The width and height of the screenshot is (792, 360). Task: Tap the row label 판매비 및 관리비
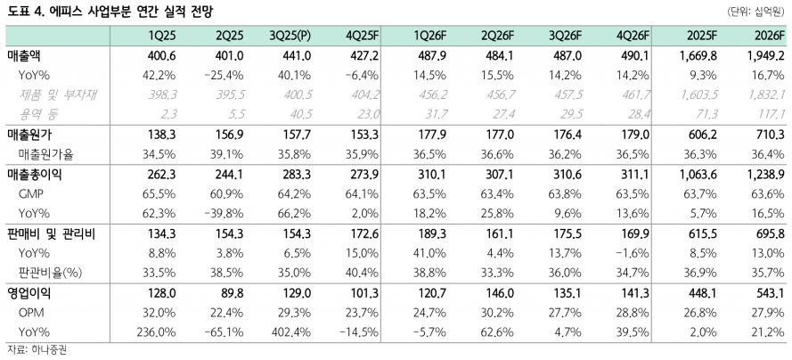(x=51, y=233)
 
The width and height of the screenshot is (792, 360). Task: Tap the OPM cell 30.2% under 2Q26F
(x=500, y=310)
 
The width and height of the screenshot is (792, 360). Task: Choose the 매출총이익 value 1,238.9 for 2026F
(x=762, y=175)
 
